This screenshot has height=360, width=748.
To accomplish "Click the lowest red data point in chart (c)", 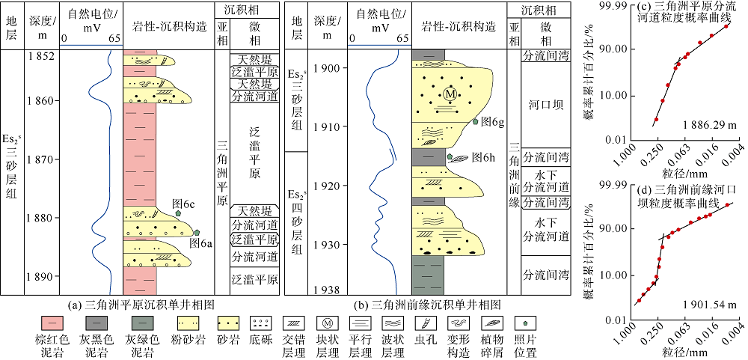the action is pyautogui.click(x=657, y=119).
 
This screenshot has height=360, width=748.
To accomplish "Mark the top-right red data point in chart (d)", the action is pyautogui.click(x=728, y=205).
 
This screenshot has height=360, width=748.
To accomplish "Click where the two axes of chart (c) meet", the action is pyautogui.click(x=633, y=139).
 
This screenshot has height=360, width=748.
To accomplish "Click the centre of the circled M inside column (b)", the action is pyautogui.click(x=449, y=95).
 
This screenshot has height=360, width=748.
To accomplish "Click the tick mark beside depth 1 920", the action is pyautogui.click(x=341, y=186).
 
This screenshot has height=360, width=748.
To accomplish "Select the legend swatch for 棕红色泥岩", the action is pyautogui.click(x=53, y=323).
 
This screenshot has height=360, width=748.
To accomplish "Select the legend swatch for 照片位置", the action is pyautogui.click(x=525, y=323).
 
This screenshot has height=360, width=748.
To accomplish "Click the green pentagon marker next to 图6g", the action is pyautogui.click(x=475, y=121).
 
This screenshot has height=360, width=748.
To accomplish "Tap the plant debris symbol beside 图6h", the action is pyautogui.click(x=460, y=158).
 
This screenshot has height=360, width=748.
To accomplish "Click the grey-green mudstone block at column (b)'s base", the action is pyautogui.click(x=427, y=275).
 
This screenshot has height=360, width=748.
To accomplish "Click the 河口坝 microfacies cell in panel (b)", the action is pyautogui.click(x=545, y=105).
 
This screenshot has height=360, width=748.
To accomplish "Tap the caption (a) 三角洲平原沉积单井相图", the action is pyautogui.click(x=141, y=303).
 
